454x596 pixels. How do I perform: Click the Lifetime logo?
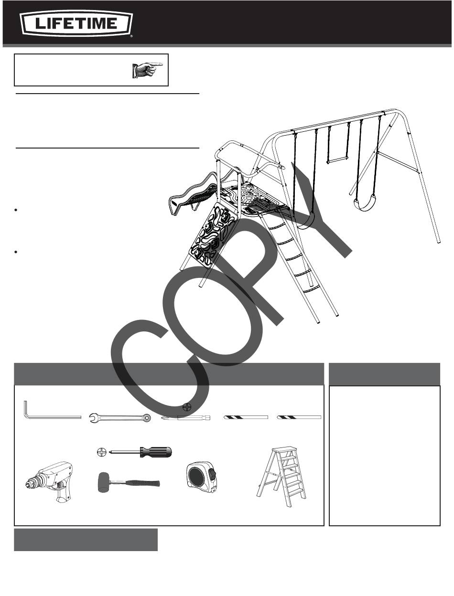[x=76, y=23]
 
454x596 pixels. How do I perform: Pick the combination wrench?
[x=120, y=418]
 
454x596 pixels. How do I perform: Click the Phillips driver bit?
[x=185, y=417]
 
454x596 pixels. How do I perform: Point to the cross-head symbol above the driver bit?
[x=187, y=407]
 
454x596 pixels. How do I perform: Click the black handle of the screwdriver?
[x=156, y=452]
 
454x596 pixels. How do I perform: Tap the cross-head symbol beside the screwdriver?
[x=101, y=452]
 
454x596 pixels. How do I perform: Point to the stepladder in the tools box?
[x=281, y=477]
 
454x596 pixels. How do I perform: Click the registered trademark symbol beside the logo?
[x=131, y=35]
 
